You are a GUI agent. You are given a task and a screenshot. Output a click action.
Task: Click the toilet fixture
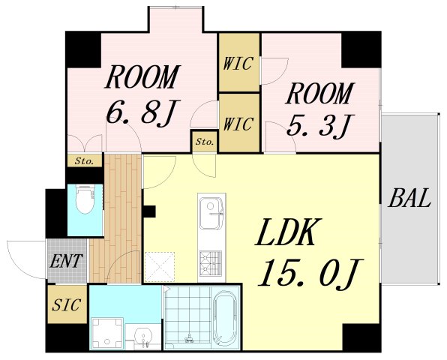85,199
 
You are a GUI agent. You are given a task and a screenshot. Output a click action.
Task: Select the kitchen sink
211,213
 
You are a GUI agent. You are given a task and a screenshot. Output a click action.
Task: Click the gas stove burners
211,263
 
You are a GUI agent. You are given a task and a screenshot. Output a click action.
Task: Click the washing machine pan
106,334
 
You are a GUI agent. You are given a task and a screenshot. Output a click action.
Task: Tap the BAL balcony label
409,198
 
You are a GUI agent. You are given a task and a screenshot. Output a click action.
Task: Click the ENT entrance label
66,260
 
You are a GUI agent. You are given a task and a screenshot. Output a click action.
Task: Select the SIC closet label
67,304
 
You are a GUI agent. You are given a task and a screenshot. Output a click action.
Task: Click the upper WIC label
238,63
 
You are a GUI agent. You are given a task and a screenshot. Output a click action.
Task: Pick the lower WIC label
238,124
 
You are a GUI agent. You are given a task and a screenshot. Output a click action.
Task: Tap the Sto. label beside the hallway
85,161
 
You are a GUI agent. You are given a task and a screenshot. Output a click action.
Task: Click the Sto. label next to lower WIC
205,142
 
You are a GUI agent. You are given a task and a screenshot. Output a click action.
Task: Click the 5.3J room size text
320,125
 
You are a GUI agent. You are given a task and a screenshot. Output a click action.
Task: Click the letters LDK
289,232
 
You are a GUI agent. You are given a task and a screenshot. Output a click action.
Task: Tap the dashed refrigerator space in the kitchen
160,267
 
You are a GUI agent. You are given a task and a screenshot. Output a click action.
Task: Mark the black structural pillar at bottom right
361,337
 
